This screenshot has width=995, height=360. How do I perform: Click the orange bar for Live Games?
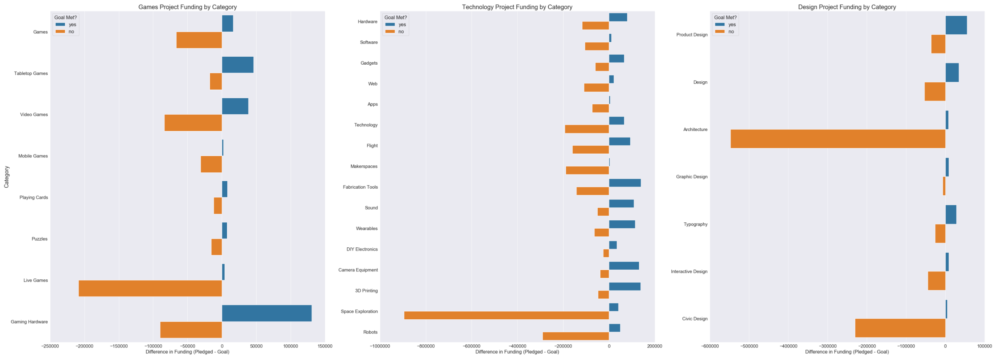[150, 288]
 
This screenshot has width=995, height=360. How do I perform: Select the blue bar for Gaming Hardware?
[267, 313]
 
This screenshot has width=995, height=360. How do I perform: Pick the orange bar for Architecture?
[838, 139]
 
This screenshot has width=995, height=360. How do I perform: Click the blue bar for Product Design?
[956, 25]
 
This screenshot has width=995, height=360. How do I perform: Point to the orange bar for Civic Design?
[900, 328]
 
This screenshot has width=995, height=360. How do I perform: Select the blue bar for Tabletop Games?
[237, 65]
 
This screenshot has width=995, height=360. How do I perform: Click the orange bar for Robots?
[575, 336]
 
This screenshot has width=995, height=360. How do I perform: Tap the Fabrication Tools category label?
[360, 187]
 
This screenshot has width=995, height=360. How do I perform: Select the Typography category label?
[695, 224]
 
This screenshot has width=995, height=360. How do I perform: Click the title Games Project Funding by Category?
[187, 7]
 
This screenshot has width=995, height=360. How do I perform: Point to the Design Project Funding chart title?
[847, 7]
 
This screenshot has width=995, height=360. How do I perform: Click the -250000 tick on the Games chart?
[50, 346]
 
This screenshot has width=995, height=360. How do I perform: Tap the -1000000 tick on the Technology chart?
[380, 346]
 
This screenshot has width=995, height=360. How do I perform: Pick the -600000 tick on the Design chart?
[710, 346]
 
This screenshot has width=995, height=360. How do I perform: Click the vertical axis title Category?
[7, 177]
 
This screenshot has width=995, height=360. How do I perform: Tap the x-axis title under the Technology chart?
[517, 352]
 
